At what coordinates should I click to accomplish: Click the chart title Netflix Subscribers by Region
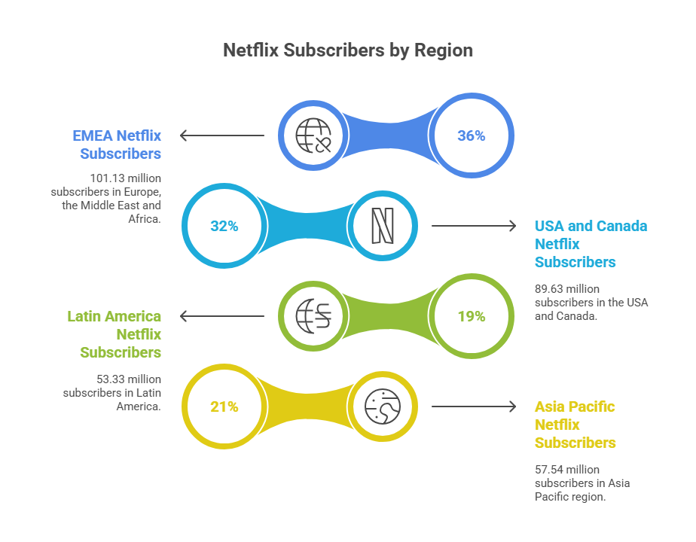tap(348, 50)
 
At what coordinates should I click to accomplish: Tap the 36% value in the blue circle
tap(472, 135)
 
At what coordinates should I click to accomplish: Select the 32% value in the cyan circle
tap(224, 226)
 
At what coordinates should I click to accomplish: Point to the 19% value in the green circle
tap(472, 316)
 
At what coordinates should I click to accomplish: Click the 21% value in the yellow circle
tap(224, 406)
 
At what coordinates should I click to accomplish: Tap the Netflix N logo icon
tap(383, 226)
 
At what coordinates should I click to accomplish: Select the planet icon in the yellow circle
tap(383, 406)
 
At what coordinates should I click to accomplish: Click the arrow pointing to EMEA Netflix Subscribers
tap(221, 135)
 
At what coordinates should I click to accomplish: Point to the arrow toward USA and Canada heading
tap(474, 226)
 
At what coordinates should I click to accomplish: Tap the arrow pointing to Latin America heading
tap(221, 316)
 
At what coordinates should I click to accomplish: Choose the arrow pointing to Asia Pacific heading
tap(474, 406)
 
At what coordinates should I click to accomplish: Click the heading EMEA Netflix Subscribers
tap(117, 145)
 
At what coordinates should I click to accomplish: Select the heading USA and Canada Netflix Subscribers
tap(591, 244)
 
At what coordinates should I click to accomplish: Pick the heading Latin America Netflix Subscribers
tap(114, 334)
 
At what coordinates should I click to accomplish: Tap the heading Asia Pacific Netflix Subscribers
tap(575, 425)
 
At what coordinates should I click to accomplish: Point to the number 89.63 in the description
tap(550, 288)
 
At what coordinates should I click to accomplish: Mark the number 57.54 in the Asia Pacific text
tap(550, 469)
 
